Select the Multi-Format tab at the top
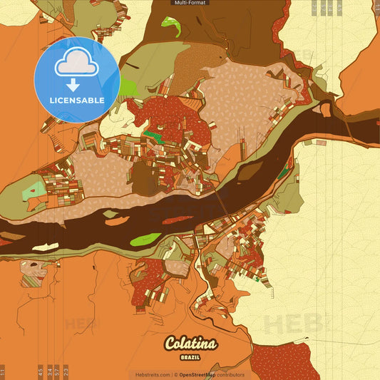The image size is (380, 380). click(190, 3)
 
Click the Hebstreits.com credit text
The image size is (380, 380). click(153, 374)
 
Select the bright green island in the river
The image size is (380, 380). click(146, 238)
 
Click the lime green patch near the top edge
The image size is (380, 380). click(170, 27)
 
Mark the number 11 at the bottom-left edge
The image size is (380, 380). click(4, 372)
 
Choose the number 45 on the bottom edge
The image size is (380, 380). click(41, 372)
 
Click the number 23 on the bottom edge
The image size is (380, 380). click(66, 372)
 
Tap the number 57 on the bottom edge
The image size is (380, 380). click(58, 372)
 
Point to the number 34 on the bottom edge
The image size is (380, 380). click(49, 372)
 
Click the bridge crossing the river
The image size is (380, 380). click(222, 206)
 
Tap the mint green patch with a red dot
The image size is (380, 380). click(33, 191)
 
